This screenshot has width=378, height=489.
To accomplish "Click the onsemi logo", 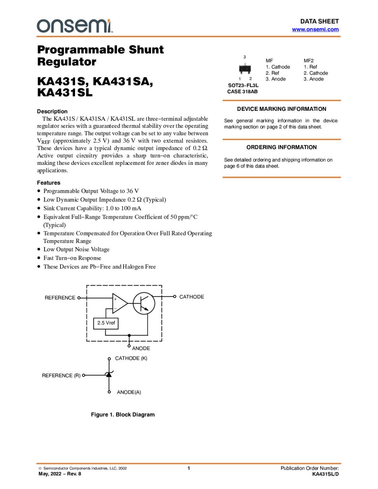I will pos(74,26).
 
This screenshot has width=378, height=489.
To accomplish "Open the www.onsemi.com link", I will pos(315,29).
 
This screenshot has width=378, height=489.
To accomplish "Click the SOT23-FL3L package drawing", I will pos(245,68).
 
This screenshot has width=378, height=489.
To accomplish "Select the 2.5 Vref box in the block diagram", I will pos(106,323).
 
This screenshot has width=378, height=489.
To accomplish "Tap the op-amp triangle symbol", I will pos(119,303).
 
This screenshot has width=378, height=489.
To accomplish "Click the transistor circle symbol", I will pos(144,303).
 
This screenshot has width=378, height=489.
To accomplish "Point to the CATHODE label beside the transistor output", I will pos(191,297).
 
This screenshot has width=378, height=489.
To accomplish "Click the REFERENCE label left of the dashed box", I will pos(60,298).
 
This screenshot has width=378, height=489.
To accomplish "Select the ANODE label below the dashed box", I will pos(141,348).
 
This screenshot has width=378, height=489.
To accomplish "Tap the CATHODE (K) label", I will pos(131,358).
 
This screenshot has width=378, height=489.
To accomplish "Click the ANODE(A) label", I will pos(129,392).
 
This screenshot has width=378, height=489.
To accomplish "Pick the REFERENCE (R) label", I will pos(61,376).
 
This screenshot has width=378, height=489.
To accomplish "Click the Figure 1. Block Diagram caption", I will pos(122,414).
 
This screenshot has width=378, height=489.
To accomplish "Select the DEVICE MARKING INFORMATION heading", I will pos(282,109).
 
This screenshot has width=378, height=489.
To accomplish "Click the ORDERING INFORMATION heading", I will pos(282,147).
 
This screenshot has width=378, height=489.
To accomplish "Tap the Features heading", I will pos(49,183).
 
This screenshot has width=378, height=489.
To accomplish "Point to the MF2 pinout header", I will pos(308,60).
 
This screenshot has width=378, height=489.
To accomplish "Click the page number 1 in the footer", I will pos(189,468).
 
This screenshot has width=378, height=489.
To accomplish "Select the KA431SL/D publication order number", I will pos(325,474).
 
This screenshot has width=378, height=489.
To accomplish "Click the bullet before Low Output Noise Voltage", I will pos(39,249).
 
